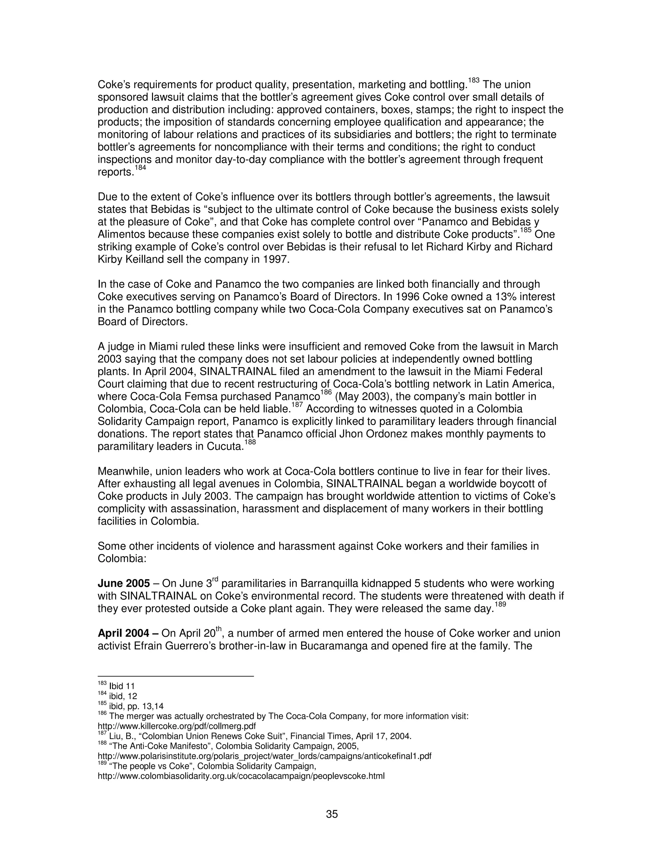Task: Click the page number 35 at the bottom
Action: coord(332,814)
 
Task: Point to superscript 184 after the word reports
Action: coord(140,168)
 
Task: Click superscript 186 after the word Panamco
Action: coord(326,393)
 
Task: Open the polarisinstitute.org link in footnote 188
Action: coord(264,756)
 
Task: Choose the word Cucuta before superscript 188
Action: coord(225,447)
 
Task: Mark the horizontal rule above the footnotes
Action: coord(175,677)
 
